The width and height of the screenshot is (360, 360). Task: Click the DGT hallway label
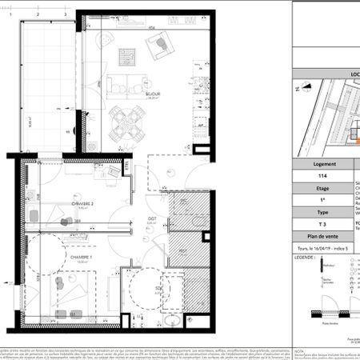[150, 218]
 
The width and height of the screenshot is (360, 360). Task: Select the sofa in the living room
[126, 82]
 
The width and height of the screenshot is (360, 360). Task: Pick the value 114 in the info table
[322, 176]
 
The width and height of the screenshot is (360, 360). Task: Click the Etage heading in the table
[322, 190]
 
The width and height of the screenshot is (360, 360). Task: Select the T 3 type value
[322, 226]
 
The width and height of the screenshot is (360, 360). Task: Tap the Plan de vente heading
[322, 238]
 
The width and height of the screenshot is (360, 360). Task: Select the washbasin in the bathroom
[173, 321]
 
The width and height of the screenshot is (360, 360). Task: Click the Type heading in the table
[322, 213]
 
